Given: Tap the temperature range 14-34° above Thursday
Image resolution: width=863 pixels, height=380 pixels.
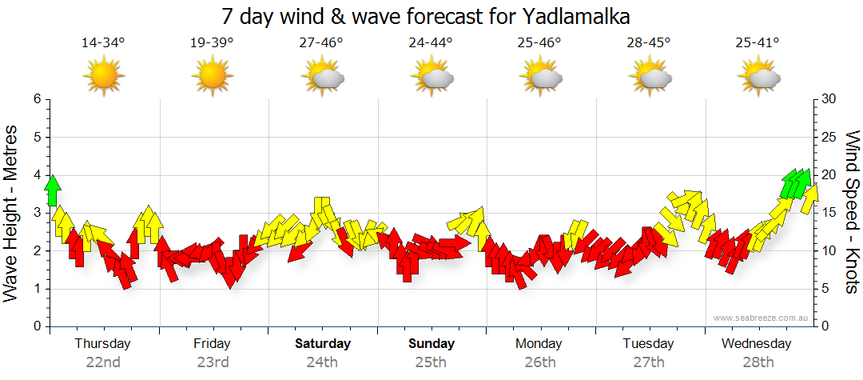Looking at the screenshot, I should tap(104, 43).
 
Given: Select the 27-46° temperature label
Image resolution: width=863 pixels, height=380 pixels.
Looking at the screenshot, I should tap(321, 43).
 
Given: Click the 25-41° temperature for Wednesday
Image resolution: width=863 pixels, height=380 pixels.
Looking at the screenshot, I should tap(758, 43).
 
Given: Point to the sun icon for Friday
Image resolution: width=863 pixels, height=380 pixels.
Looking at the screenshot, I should tap(213, 77).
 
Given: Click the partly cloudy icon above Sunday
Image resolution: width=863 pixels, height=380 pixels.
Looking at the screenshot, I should tap(431, 78).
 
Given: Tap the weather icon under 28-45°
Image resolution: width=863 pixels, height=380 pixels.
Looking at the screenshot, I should tap(650, 78).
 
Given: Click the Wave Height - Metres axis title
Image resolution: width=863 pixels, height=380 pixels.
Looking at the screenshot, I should tap(12, 214).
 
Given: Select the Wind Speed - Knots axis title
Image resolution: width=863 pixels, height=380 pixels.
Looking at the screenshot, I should tap(852, 212).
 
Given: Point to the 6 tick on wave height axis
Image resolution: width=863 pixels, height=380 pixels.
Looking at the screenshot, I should tap(36, 99).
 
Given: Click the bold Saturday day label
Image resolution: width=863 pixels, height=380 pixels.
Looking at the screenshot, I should tap(323, 344).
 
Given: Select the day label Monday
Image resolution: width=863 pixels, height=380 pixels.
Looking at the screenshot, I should tap(539, 344).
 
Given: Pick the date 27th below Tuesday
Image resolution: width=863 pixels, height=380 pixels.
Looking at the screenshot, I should tap(649, 362).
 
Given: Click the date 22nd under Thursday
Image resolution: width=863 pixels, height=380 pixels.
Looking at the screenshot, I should tap(103, 362).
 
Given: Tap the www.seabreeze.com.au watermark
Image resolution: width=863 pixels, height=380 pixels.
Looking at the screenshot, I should tap(762, 318).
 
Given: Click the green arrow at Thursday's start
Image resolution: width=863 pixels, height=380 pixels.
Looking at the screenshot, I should tap(53, 190).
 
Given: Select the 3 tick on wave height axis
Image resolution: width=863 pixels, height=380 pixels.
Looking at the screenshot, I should tap(36, 213).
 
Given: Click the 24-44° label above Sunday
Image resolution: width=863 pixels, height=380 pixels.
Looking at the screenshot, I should tap(430, 43).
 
